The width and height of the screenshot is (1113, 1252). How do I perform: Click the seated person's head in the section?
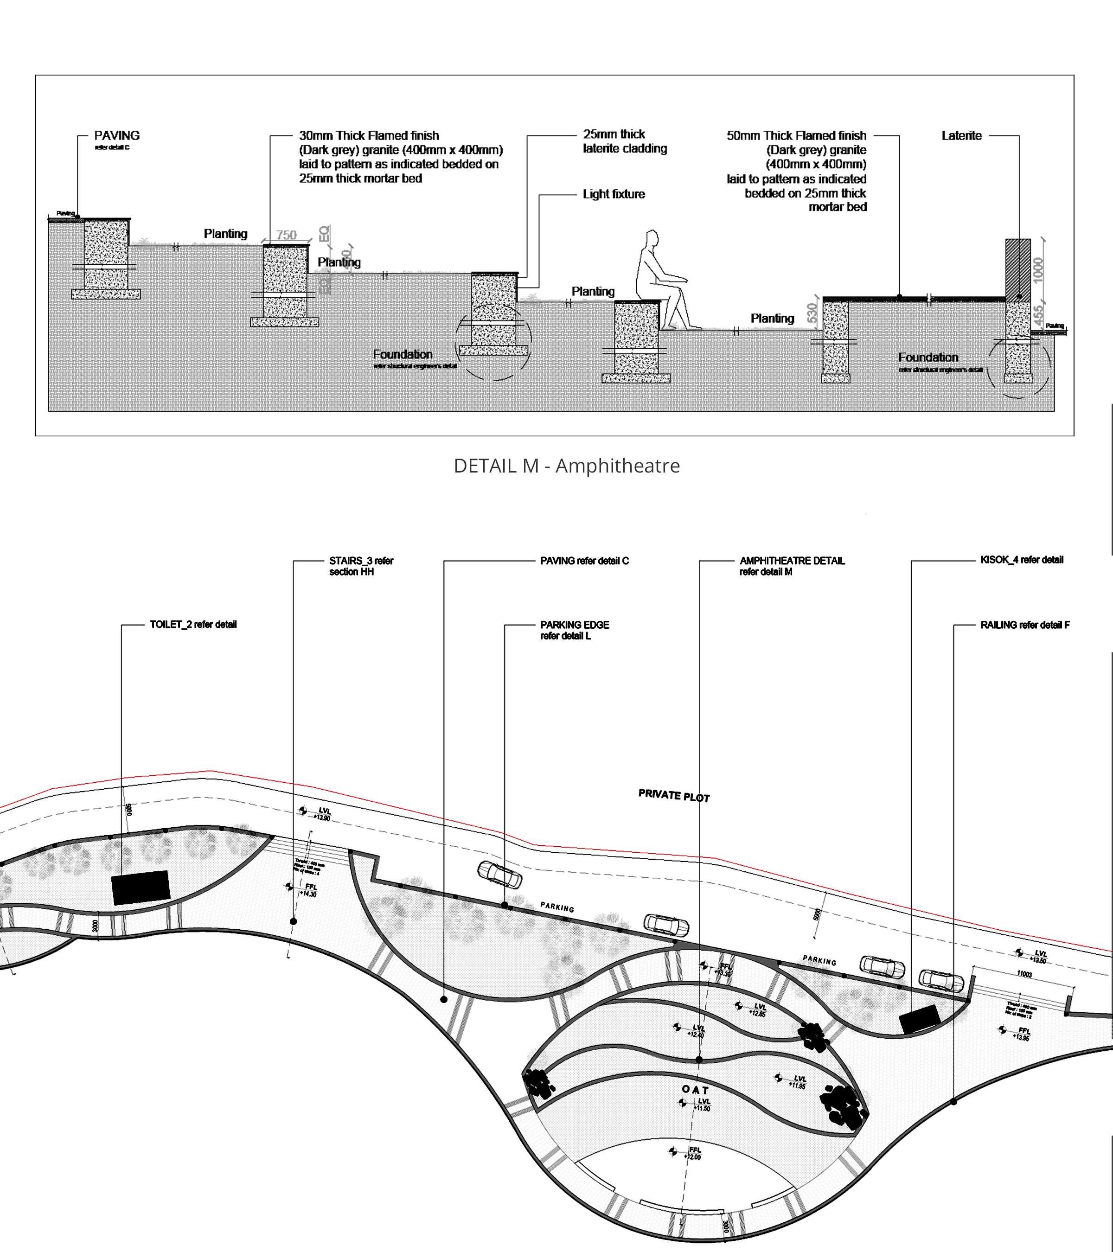(651, 239)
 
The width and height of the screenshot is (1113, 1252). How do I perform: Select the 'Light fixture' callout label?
(614, 194)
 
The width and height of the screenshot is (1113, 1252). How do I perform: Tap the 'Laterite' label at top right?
(961, 135)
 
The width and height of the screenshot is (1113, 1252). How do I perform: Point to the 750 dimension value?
(286, 235)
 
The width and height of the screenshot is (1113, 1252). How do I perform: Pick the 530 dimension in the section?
(812, 313)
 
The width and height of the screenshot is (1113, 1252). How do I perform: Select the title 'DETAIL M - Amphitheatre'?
(567, 466)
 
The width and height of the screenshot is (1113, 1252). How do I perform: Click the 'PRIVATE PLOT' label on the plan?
(674, 796)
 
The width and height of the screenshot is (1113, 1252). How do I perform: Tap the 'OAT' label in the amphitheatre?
(695, 1090)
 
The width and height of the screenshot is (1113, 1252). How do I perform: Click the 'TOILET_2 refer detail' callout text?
(193, 624)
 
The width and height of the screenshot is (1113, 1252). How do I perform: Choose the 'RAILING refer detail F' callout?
(1025, 625)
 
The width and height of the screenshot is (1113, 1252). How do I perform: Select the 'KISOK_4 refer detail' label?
(1022, 559)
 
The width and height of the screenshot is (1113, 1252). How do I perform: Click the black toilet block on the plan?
(140, 887)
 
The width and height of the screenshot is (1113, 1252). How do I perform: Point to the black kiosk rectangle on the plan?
(919, 1018)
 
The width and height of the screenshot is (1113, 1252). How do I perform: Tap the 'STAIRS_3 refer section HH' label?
(361, 566)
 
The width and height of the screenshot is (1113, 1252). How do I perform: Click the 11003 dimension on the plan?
(1024, 974)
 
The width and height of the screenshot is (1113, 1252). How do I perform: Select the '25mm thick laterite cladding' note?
(625, 141)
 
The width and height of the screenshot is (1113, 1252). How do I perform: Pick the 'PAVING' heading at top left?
(116, 135)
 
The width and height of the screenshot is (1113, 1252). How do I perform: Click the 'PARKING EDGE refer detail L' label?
(574, 630)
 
